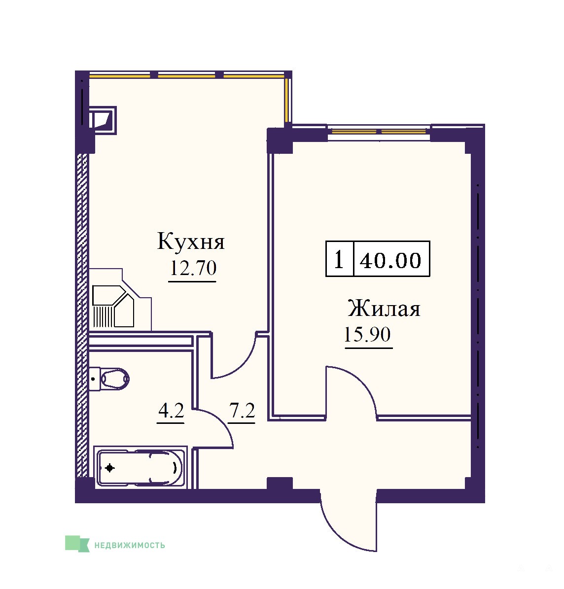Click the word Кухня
pos(191,241)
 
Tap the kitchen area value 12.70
pos(193,268)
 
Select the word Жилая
pos(384,309)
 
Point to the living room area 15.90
pos(367,334)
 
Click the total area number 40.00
pos(390,260)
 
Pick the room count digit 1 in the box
pos(339,260)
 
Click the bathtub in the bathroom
pos(140,468)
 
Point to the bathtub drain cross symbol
pos(110,468)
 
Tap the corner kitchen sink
pos(113,306)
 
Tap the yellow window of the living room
pos(379,132)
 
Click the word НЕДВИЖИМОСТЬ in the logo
pos(130,545)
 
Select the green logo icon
pos(77,544)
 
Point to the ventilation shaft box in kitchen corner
pos(103,120)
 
